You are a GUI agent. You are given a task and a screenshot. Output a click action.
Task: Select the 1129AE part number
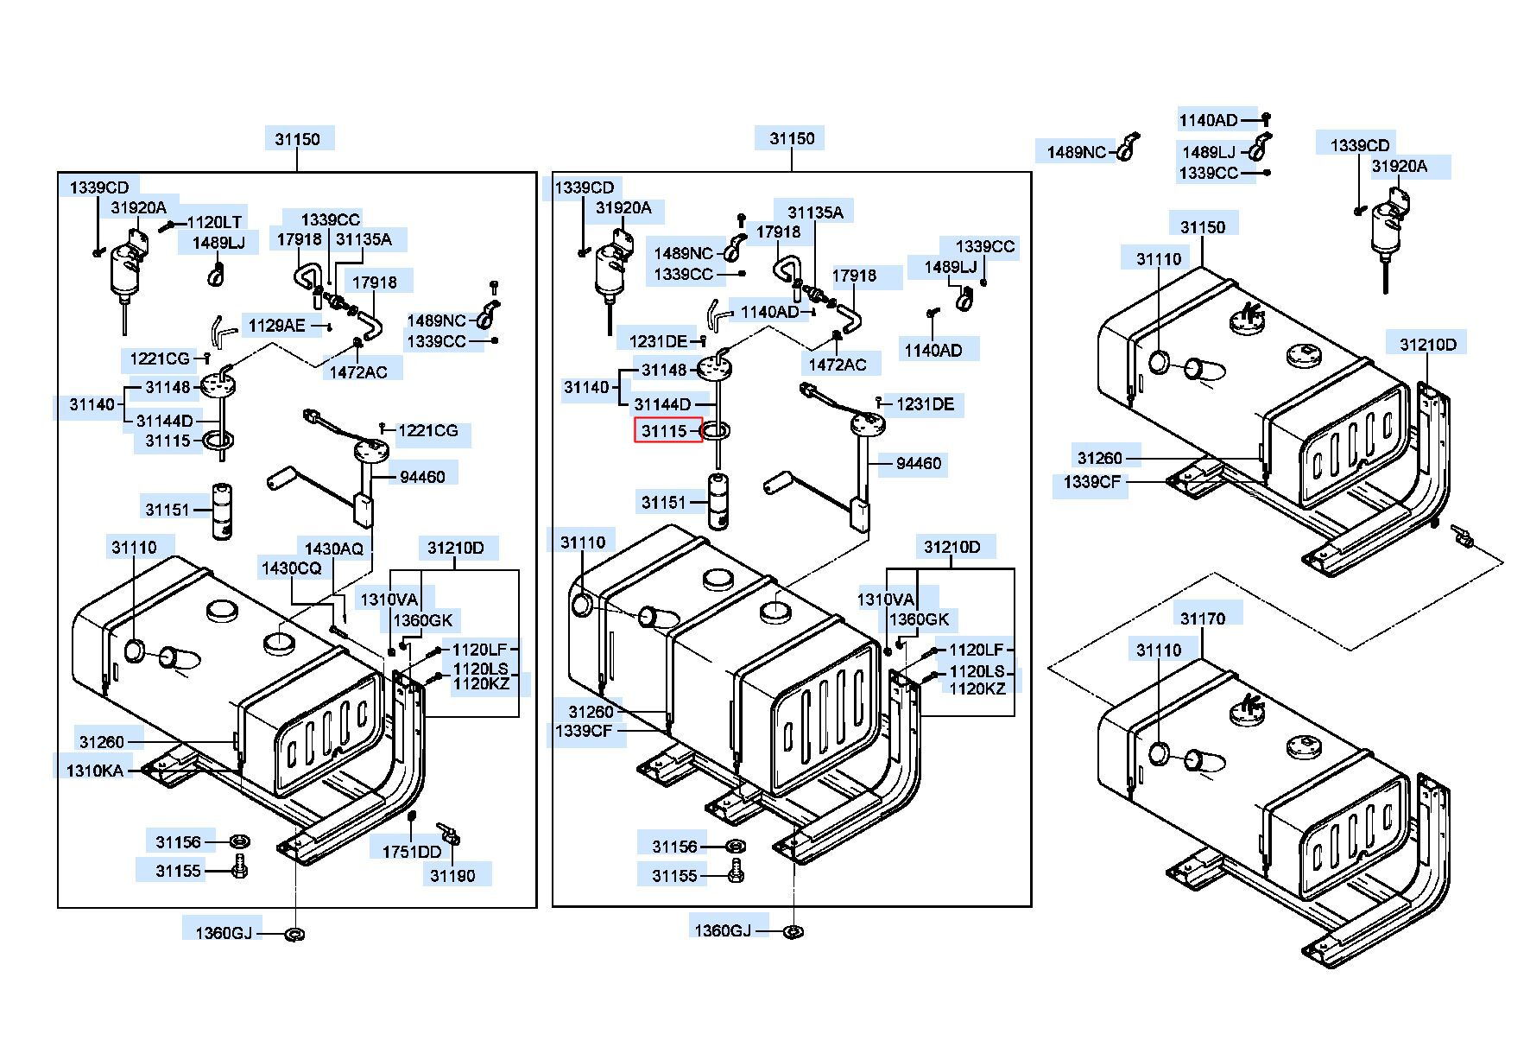pos(276,326)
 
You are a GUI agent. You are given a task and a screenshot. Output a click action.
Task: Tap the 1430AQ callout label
pos(333,549)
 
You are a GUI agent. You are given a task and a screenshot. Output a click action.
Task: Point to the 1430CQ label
pos(291,568)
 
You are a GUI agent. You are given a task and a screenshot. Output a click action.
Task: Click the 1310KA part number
pos(94,771)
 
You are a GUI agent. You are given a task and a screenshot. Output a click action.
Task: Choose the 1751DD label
pos(411,852)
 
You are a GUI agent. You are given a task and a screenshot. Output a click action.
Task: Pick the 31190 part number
pos(452,876)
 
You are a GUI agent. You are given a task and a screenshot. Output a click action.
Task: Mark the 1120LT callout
pos(214,222)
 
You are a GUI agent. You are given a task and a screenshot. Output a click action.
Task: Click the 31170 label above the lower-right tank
pos(1202,619)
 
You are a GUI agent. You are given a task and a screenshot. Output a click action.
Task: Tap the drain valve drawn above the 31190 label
pos(449,833)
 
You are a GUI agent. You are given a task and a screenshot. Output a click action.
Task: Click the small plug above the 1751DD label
pos(412,816)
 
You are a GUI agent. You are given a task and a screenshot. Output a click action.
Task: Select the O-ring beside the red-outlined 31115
pos(717,430)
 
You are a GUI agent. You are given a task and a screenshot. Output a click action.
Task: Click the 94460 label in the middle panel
pos(918,464)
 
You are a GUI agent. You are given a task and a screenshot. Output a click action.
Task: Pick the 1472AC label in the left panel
pos(358,372)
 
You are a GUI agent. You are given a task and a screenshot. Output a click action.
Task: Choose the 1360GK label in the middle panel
pos(919,619)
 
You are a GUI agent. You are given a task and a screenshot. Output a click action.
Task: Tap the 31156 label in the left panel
pos(178,842)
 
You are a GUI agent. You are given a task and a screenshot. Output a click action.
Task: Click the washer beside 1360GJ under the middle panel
pos(791,931)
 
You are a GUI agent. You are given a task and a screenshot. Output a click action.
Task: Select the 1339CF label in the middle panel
pos(584,731)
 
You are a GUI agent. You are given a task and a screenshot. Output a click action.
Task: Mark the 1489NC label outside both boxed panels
pos(1076,153)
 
